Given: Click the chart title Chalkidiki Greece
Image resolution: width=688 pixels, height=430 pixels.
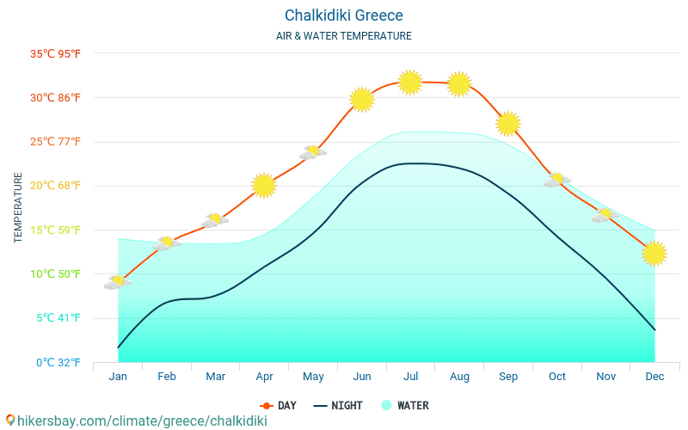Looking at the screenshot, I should click(x=344, y=15).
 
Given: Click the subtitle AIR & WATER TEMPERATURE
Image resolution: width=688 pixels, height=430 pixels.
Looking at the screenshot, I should click(x=344, y=36).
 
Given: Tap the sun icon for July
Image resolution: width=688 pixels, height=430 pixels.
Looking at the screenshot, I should click(x=410, y=83).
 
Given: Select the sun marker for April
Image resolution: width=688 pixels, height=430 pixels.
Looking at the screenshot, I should click(x=264, y=185).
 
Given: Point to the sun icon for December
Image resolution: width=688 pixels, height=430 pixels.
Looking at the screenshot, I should click(x=654, y=254).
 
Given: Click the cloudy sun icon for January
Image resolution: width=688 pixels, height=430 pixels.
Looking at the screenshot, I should click(x=117, y=282).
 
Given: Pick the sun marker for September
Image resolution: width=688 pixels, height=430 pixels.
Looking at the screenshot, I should click(x=508, y=123).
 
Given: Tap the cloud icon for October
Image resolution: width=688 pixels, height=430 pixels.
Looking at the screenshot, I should click(x=556, y=180).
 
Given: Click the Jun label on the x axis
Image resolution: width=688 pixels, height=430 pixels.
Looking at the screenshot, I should click(x=362, y=377).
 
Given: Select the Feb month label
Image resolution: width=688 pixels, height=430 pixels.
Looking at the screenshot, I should click(x=167, y=377).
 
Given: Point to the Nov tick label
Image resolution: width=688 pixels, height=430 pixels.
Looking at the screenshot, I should click(x=606, y=377).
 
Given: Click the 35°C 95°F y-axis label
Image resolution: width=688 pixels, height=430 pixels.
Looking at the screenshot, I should click(x=55, y=54).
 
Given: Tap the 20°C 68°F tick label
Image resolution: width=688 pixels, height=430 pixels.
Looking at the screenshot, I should click(x=55, y=186).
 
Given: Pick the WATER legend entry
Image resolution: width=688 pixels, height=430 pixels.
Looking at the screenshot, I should click(x=405, y=406).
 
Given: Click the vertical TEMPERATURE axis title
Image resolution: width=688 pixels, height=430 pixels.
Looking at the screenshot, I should click(x=19, y=207).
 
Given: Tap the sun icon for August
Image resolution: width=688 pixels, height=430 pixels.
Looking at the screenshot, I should click(x=459, y=83).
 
